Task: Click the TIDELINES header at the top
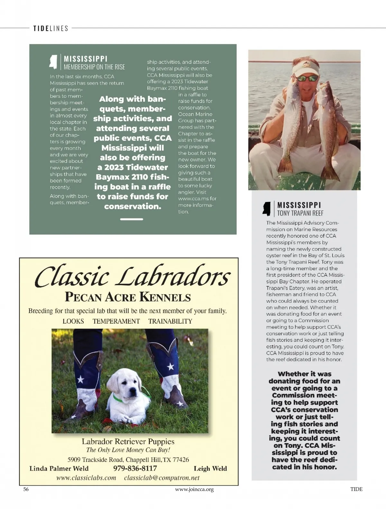click(x=51, y=28)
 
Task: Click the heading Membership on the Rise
click(x=94, y=67)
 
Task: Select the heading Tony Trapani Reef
click(x=300, y=213)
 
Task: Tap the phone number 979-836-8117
click(x=135, y=468)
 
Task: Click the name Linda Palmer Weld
click(x=59, y=468)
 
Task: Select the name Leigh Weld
click(x=210, y=468)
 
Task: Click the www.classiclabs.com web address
click(x=86, y=478)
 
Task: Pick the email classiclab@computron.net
click(x=162, y=478)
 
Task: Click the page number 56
click(x=26, y=489)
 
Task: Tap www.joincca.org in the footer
click(x=194, y=489)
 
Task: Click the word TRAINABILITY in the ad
click(x=170, y=321)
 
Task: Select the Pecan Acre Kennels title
click(x=128, y=297)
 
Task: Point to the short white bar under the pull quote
click(x=132, y=219)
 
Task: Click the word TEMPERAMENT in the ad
click(x=116, y=321)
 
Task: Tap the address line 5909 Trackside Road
click(x=128, y=459)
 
